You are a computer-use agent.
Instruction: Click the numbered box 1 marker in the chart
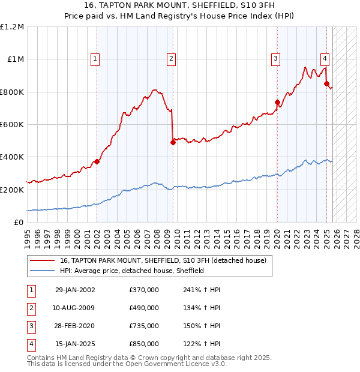pos(96,58)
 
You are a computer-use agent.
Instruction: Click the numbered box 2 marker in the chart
pos(171,58)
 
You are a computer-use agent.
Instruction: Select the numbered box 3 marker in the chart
pos(275,58)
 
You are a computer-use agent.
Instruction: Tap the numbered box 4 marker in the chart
pos(324,58)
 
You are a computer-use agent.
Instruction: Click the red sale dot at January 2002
pos(97,161)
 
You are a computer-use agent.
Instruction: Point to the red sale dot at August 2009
pos(173,142)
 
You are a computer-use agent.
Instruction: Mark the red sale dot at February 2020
pos(277,103)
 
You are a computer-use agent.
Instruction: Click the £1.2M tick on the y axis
pos(12,27)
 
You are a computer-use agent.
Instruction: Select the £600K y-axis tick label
pos(12,125)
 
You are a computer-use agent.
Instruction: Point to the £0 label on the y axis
pos(19,223)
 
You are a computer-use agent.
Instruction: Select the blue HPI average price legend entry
pos(132,271)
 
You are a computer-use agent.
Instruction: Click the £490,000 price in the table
pos(144,308)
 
